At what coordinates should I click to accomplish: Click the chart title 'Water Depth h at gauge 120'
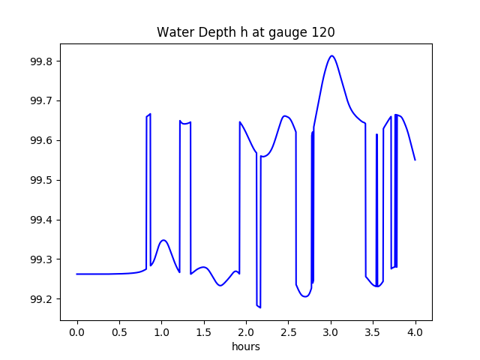(245, 33)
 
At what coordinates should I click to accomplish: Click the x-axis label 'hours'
(245, 347)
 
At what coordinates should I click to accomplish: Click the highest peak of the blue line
(331, 55)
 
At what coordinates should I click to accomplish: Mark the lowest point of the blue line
(259, 307)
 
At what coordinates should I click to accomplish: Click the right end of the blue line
(415, 160)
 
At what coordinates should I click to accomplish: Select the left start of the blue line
(77, 274)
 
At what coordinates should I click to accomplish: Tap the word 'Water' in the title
(172, 33)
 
